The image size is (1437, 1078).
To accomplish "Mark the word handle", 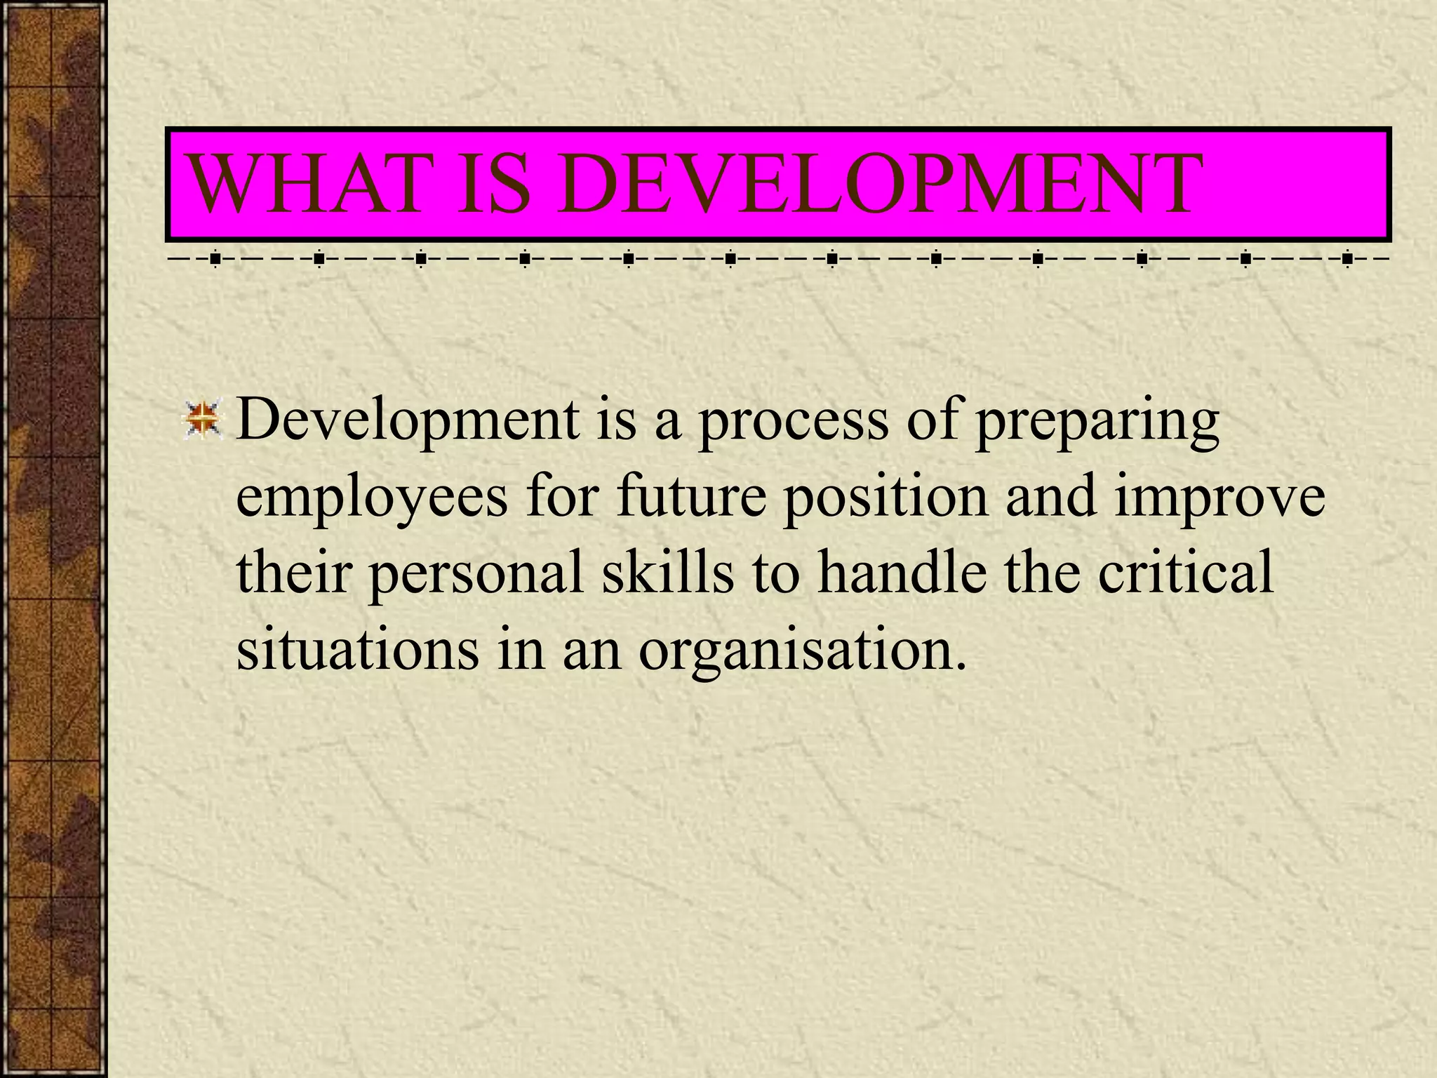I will point(902,573).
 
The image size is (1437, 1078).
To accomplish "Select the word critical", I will point(1185,573).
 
